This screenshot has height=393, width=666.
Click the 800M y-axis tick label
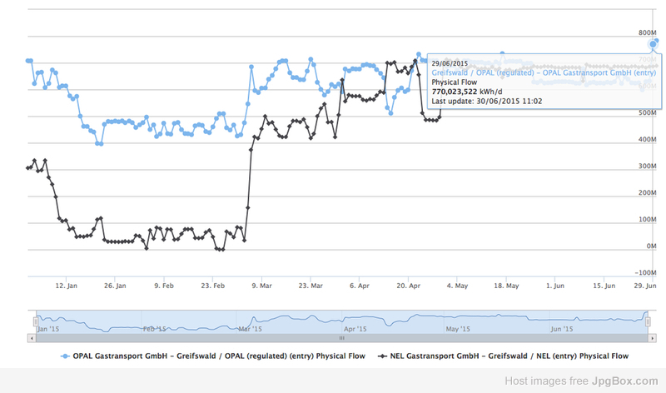(648, 32)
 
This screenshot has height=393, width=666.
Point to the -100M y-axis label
(645, 273)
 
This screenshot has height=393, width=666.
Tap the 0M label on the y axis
(653, 246)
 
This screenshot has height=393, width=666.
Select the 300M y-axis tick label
(648, 167)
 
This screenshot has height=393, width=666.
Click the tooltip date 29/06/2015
(450, 63)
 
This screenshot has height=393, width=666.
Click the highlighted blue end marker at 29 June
(654, 44)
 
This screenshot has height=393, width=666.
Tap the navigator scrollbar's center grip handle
(341, 339)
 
